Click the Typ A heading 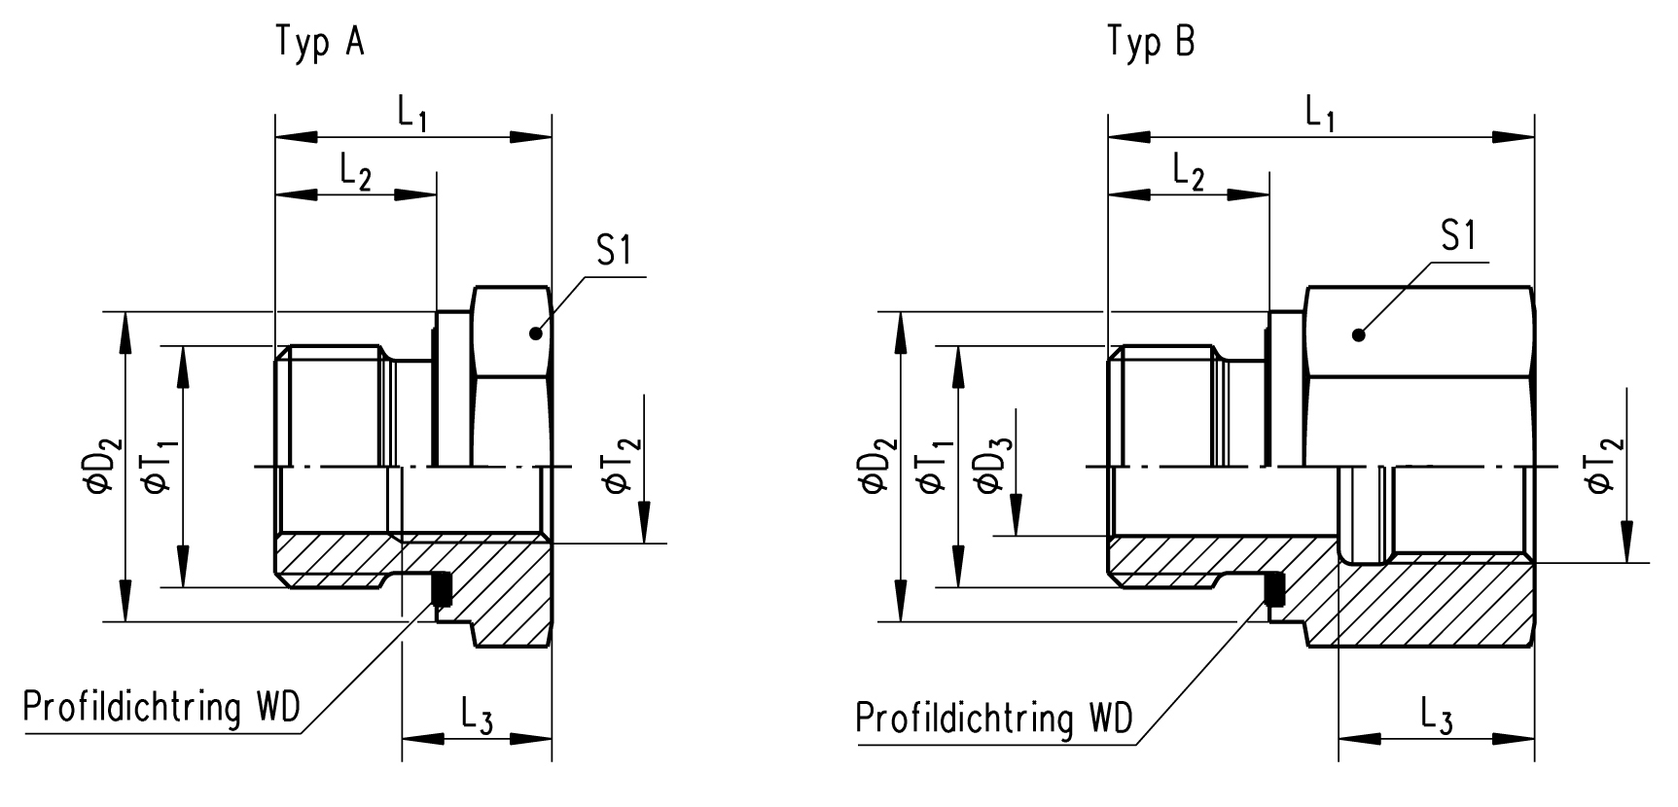point(321,43)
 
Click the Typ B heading point(1152,43)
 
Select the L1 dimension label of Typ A point(412,116)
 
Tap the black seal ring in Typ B point(1272,589)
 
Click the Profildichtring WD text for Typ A point(161,707)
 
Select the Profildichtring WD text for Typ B point(994,719)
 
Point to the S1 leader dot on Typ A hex point(535,333)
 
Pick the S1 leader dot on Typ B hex point(1359,334)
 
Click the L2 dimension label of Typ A point(356,172)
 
